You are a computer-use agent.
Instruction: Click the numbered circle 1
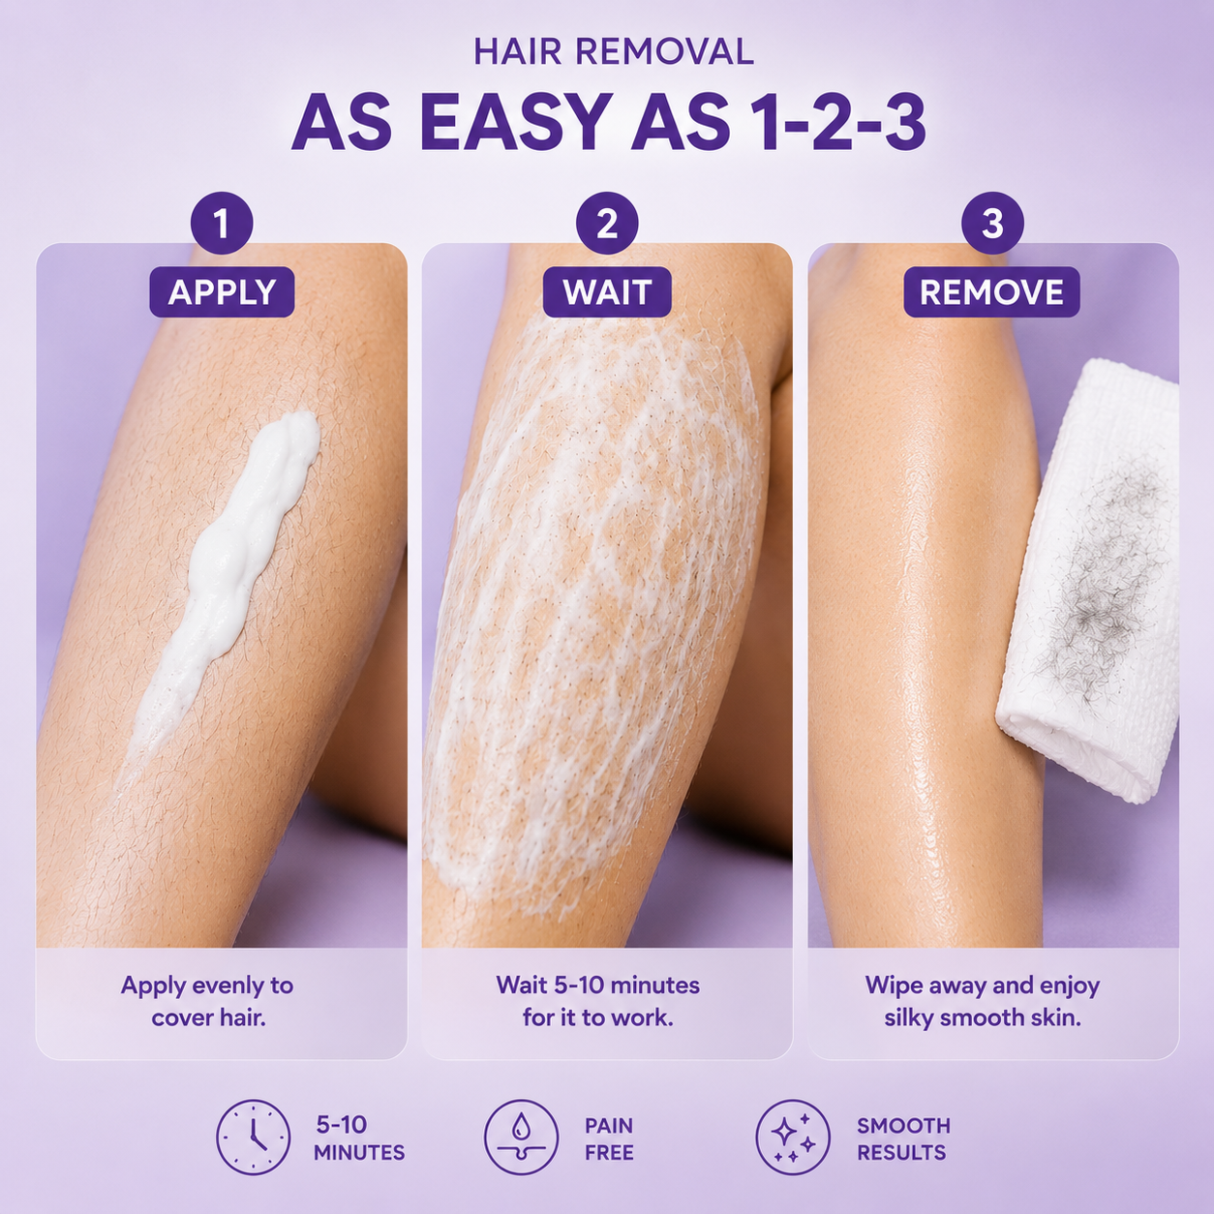(221, 223)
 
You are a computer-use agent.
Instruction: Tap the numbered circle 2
(607, 223)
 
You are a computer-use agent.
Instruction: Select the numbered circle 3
(992, 223)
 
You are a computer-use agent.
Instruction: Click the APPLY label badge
(222, 291)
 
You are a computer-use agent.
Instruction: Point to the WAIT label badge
(607, 291)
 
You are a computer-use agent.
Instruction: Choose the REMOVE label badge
(991, 291)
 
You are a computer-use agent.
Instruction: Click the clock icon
(254, 1138)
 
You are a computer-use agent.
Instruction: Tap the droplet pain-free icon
(521, 1138)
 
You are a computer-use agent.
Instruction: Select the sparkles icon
(793, 1138)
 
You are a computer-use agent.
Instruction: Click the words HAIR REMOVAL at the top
(613, 51)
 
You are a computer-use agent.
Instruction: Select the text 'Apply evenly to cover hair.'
(208, 1001)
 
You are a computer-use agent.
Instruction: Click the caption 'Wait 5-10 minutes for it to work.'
(598, 1001)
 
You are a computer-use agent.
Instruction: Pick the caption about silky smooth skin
(983, 1001)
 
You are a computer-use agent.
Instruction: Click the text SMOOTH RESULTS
(903, 1138)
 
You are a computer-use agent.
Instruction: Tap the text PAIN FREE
(609, 1138)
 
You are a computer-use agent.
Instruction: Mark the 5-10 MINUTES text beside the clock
(359, 1138)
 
